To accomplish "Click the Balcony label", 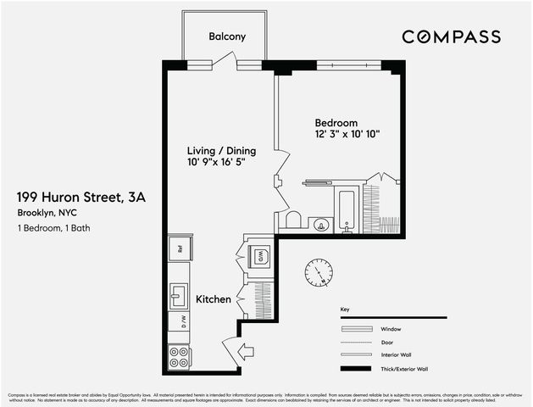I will (x=227, y=36).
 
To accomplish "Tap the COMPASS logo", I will (x=451, y=36).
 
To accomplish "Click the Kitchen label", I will (x=213, y=299).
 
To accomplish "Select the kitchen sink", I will (x=179, y=296).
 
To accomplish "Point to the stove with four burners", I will (x=179, y=355).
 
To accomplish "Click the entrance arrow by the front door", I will (x=247, y=350).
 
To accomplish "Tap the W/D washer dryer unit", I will (x=262, y=255).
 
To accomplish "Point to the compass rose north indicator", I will (x=319, y=272).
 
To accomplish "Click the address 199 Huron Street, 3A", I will (x=81, y=197).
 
